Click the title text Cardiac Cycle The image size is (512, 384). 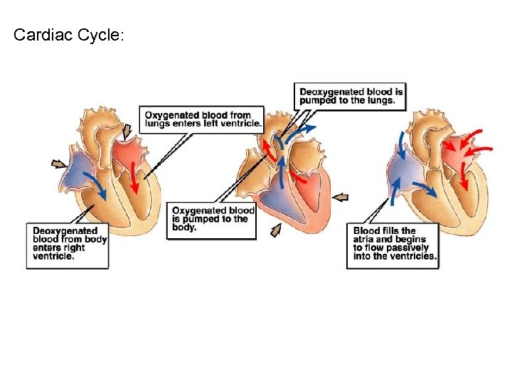68,35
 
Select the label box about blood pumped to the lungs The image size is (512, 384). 351,96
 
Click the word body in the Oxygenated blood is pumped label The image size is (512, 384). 183,228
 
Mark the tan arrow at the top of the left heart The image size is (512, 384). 127,131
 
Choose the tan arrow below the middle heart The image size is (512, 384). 276,230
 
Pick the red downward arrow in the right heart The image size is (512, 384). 464,176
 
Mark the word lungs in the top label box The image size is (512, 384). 380,100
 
